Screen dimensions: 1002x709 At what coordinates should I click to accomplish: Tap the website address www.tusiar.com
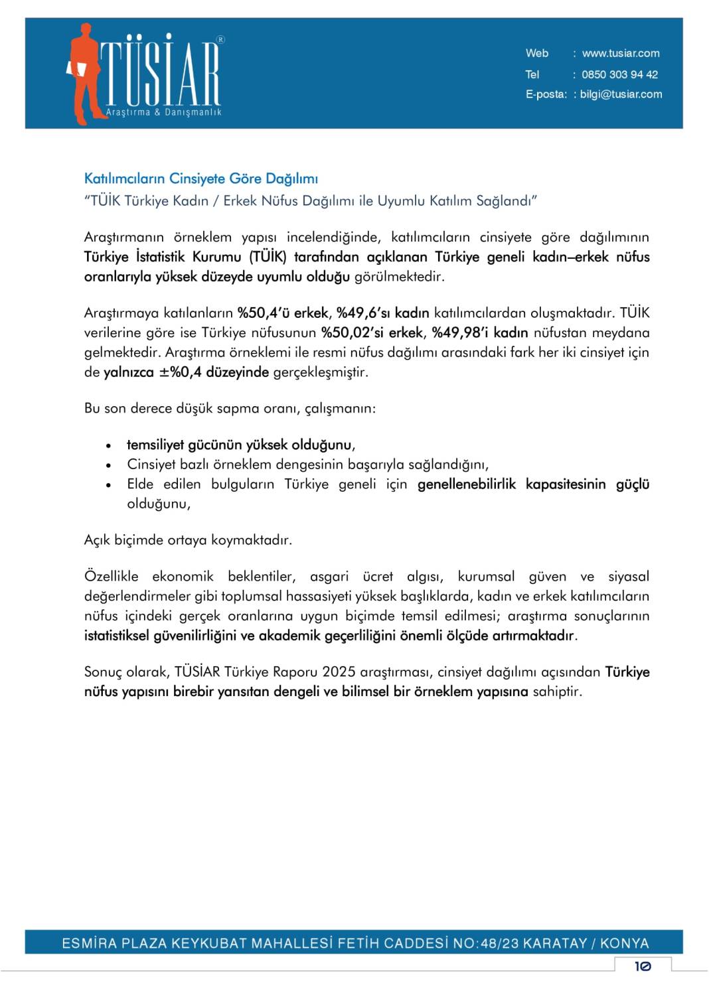(620, 54)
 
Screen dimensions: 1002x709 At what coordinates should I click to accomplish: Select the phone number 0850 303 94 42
(619, 75)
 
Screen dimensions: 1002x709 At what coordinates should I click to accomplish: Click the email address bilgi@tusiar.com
(621, 94)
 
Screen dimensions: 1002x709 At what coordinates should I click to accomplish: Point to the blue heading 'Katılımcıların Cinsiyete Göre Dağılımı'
(200, 179)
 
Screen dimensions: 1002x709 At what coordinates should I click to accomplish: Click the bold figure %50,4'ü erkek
(283, 313)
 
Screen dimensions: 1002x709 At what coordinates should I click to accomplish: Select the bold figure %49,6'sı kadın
(382, 313)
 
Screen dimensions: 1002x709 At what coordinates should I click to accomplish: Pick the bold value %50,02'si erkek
(372, 332)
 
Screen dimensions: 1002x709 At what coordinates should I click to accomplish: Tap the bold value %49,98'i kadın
(479, 332)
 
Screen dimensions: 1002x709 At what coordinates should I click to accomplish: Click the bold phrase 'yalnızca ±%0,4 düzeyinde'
(186, 372)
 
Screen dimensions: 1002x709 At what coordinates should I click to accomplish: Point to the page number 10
(642, 966)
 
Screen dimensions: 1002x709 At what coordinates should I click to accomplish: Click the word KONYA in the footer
(624, 943)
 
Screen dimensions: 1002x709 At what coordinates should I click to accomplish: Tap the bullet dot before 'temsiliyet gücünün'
(108, 446)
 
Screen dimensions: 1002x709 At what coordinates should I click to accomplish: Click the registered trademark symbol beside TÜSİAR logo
(220, 40)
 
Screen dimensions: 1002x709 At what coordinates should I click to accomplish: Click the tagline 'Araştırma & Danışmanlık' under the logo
(163, 113)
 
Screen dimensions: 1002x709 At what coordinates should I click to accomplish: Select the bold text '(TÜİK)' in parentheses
(268, 257)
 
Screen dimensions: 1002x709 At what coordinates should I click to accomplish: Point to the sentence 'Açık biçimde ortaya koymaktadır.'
(188, 540)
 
